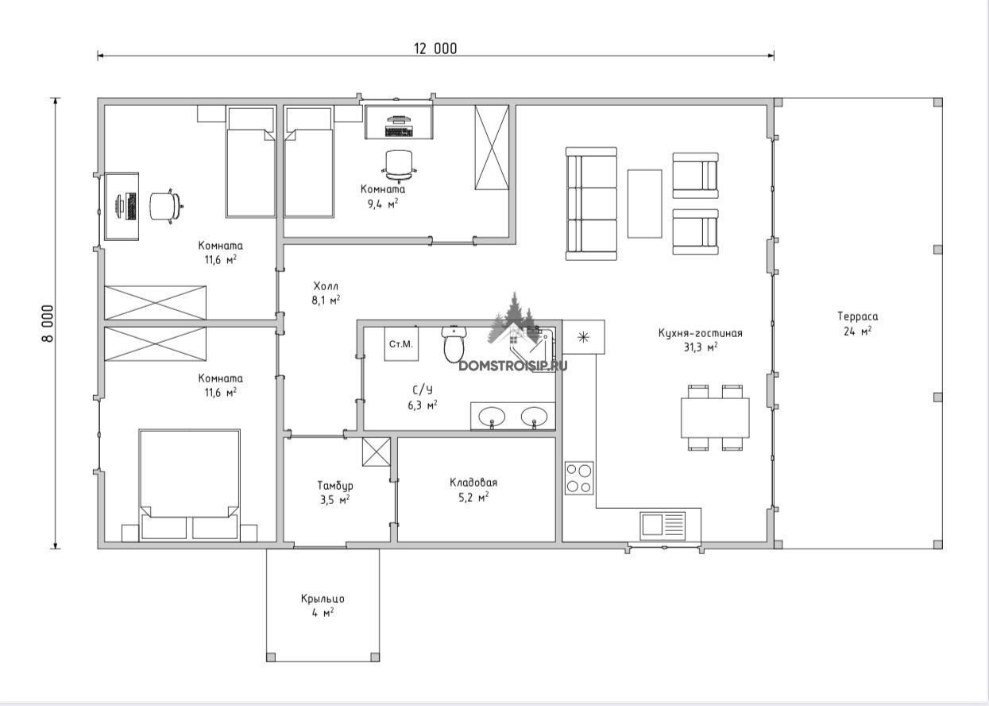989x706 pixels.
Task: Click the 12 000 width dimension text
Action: [435, 48]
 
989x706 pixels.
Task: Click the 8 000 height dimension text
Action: [48, 323]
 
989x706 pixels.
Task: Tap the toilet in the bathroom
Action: [454, 344]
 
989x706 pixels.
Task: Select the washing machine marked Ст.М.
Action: [401, 343]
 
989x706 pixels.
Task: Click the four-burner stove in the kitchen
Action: [579, 478]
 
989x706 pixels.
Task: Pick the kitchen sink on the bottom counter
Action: [663, 526]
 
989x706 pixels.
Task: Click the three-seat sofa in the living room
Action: [591, 204]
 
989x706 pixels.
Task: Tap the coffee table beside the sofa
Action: [644, 204]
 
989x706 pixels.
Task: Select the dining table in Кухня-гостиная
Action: [715, 418]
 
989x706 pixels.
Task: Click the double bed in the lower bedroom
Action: [189, 485]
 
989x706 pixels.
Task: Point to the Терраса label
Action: [858, 316]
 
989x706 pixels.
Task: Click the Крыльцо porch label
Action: [323, 599]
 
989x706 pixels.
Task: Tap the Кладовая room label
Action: [473, 483]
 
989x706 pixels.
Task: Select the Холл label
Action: [326, 286]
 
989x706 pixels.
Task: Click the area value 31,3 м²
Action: [701, 347]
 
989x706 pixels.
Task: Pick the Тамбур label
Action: [335, 486]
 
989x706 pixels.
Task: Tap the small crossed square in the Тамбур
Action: [377, 452]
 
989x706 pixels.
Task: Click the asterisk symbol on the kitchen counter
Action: [583, 338]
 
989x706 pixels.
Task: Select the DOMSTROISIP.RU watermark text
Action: [513, 366]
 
